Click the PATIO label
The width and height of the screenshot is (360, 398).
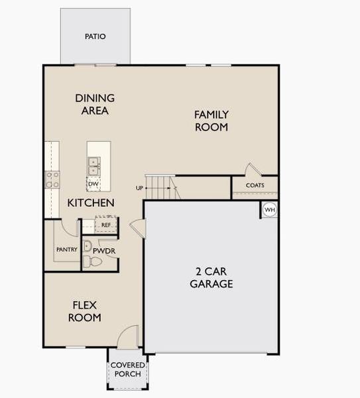point(95,36)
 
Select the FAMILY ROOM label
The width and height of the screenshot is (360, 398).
point(211,121)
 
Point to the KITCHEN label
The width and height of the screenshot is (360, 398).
point(91,203)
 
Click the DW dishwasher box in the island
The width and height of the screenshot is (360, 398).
point(93,184)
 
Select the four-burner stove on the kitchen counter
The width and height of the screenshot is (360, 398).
point(52,178)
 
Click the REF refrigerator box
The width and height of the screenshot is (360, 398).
point(106,225)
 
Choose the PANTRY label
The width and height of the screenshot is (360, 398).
point(67,249)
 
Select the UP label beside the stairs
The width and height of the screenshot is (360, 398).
point(140,188)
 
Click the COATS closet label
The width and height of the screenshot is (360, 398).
point(255,186)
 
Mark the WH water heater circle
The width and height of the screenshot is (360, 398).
point(269,210)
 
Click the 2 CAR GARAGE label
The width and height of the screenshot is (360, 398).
point(211,278)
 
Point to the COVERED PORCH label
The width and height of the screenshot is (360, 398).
point(127,370)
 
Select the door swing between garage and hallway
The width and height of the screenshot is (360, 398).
point(137,228)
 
